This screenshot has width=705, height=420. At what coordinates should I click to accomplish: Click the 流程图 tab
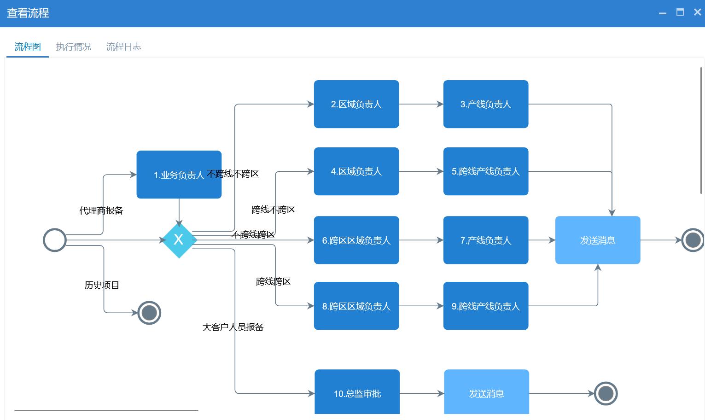coord(28,47)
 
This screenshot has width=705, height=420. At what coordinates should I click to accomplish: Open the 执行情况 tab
coord(74,47)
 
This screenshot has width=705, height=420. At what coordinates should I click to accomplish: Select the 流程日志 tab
coord(123,47)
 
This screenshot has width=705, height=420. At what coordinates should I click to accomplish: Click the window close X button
coord(697,12)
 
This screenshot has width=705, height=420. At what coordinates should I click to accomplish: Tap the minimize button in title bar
coord(663,13)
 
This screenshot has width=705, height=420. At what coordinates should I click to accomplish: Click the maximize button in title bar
coord(680,12)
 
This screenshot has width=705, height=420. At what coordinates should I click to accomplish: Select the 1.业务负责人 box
coord(179,175)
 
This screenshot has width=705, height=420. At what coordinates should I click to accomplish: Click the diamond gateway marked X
coord(179,240)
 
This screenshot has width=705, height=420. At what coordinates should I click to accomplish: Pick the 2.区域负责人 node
coord(356,104)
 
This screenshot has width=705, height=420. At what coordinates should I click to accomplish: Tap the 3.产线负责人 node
coord(486,104)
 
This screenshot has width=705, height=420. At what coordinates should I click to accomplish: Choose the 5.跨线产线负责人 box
coord(486,171)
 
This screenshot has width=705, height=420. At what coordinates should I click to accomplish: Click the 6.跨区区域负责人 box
coord(356,240)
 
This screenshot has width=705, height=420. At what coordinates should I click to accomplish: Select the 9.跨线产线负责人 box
coord(486,306)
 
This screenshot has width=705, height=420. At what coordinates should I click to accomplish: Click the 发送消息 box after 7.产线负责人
coord(598,240)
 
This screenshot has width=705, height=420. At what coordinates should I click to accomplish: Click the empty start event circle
coord(55,240)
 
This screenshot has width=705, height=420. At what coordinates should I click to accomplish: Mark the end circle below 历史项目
coord(149,313)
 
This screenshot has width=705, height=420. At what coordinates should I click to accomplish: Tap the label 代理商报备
coord(101,210)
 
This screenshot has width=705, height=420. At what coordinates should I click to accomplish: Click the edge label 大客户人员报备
coord(233,327)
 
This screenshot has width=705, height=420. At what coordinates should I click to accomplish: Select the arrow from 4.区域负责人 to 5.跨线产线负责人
coord(421,171)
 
